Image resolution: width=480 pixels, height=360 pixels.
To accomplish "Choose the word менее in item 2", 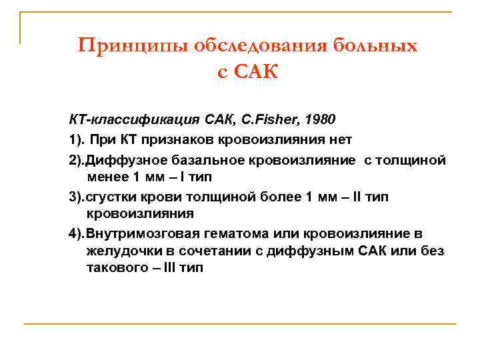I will tap(104, 176).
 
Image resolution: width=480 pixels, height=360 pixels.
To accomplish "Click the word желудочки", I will tap(118, 251).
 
